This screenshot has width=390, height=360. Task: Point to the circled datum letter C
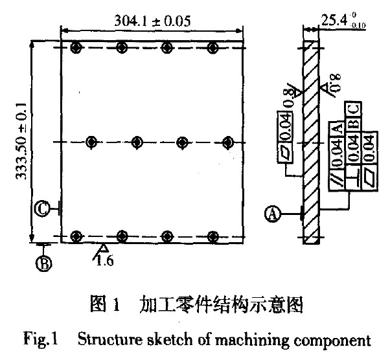point(41,208)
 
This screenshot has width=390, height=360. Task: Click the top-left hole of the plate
point(77,48)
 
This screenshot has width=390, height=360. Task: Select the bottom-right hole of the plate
point(214,236)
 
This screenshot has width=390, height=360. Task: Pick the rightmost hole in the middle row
point(227,142)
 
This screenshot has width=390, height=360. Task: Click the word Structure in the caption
point(105,339)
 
